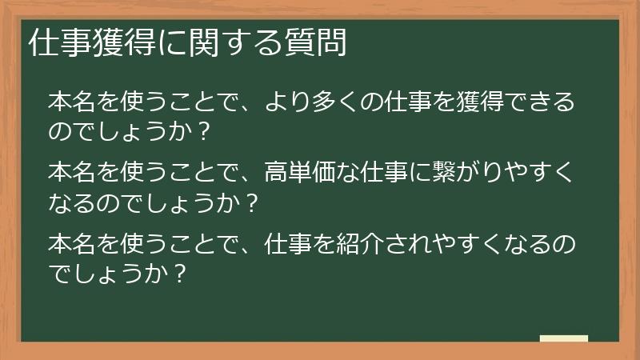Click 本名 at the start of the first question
point(73,103)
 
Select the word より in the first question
point(274,103)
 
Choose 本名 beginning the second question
point(73,172)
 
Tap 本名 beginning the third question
point(73,242)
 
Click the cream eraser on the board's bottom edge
point(563,339)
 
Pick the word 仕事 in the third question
point(274,242)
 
